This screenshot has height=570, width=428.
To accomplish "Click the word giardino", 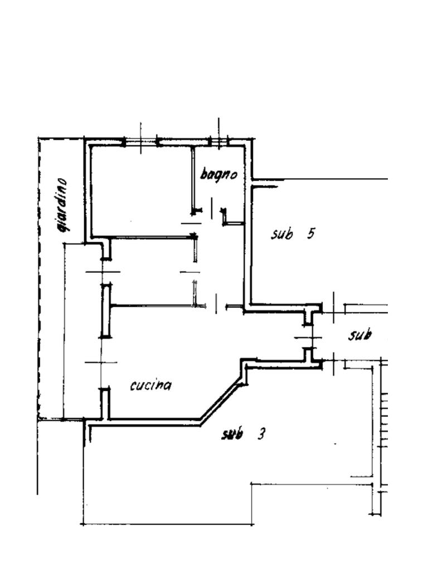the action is point(62,205).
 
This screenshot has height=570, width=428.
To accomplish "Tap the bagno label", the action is point(218,174).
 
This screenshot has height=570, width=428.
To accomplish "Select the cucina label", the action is point(150,385).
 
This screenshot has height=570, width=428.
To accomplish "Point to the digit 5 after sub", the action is point(310,233).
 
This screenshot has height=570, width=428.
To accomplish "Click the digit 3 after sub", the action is point(261,434).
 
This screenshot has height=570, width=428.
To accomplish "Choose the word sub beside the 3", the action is point(232,434).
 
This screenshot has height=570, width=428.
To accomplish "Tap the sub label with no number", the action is point(360,335).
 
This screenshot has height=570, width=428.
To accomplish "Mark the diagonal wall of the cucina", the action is point(221,402).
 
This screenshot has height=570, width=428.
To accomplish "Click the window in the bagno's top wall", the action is point(218,142).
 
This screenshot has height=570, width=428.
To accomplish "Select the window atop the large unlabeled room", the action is point(141,142).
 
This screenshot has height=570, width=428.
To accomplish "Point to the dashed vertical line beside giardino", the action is point(39,278).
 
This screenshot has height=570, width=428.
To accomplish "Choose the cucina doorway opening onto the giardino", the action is point(103,362).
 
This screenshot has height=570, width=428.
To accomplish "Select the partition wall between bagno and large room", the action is point(192,180).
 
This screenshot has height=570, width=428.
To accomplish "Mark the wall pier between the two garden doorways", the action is point(105,311).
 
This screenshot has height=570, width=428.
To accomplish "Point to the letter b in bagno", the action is point(205,174).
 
